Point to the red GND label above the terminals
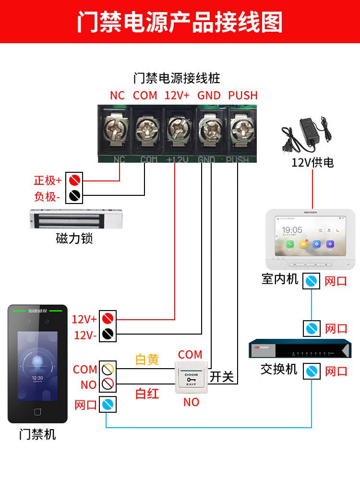click(x=209, y=95)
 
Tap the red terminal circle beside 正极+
click(x=74, y=180)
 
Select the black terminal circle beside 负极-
click(x=74, y=196)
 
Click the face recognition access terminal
click(x=36, y=362)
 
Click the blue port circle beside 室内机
click(x=312, y=281)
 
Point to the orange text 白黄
click(x=147, y=360)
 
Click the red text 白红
click(x=147, y=394)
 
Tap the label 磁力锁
click(x=74, y=239)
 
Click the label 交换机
click(x=279, y=369)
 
